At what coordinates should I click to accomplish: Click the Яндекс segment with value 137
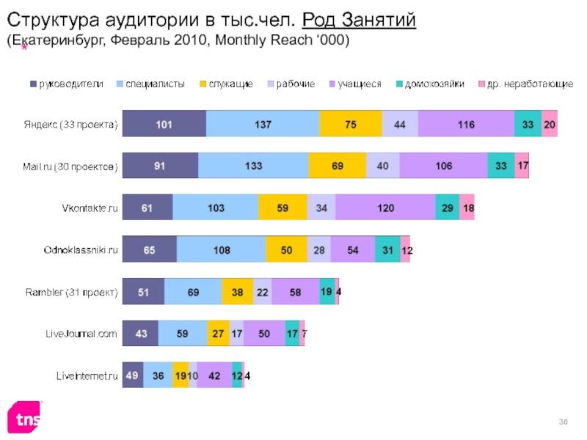pos(263,125)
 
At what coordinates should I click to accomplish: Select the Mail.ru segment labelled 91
pos(159,166)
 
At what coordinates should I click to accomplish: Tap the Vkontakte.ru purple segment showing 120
pos(385,208)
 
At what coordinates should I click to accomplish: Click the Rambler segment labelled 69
pos(193,292)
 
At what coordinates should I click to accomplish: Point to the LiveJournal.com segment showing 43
pos(139,334)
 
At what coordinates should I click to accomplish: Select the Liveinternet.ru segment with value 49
pos(132,375)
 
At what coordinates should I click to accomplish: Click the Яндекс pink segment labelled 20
pos(550,125)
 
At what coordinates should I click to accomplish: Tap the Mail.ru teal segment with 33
pos(501,166)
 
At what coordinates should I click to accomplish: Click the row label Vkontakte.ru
pos(90,208)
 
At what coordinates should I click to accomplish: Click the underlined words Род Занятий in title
pos(359,21)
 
